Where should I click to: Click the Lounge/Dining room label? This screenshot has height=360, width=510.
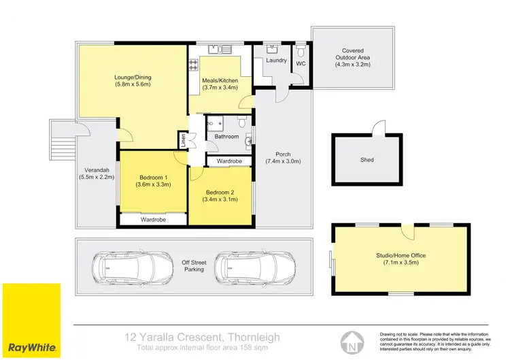(x=132, y=80)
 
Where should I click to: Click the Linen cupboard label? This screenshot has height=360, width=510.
(x=183, y=140)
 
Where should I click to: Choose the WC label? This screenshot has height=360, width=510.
(x=301, y=63)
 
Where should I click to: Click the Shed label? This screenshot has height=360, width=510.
(x=367, y=160)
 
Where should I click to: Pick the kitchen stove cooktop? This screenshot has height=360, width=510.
(x=193, y=65)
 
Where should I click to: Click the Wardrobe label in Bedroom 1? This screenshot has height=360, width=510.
(x=154, y=220)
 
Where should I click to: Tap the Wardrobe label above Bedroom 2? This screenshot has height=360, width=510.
(x=229, y=161)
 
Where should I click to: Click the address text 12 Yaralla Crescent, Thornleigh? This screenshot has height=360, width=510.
(x=204, y=336)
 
